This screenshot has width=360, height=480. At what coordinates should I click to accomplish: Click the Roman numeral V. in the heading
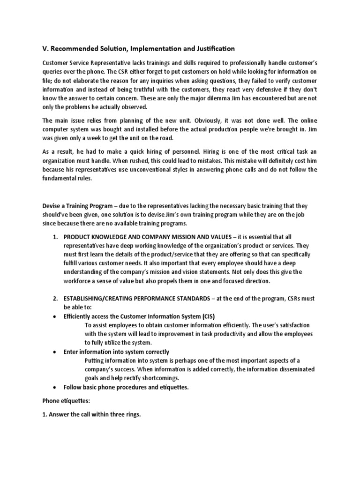point(46,49)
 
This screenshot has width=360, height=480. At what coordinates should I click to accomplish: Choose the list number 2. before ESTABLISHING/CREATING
point(55,299)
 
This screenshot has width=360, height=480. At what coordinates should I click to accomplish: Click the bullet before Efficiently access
point(55,316)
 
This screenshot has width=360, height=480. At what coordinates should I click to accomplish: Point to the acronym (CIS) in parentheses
point(204,316)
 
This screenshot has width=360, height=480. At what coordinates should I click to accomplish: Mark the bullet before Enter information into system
point(55,352)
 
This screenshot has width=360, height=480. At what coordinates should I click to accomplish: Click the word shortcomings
point(159,378)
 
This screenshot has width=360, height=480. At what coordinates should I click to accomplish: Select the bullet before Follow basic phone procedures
point(55,387)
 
